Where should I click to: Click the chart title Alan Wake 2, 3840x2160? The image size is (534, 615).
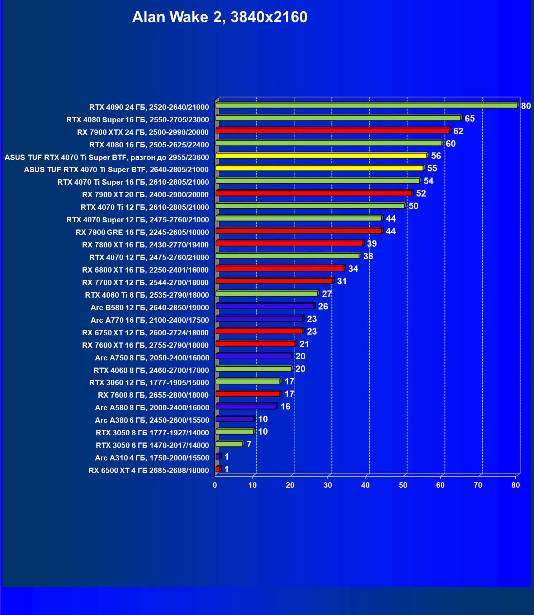click(219, 17)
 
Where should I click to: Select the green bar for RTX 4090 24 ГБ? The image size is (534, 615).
click(366, 105)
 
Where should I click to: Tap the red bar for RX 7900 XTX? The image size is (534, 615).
click(332, 131)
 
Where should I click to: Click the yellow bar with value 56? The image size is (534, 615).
click(321, 156)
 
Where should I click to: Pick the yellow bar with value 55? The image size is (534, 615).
click(319, 168)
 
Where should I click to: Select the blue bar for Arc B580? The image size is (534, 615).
click(265, 306)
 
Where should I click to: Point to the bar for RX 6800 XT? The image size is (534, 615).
click(280, 269)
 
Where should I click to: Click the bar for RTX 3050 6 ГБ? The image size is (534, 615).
click(229, 444)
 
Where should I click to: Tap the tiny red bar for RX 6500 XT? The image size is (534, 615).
click(218, 469)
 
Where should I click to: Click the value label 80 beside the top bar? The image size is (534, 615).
click(526, 106)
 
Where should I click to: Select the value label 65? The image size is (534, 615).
click(469, 119)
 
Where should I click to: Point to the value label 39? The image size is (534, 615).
click(372, 244)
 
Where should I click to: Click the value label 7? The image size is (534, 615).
click(249, 444)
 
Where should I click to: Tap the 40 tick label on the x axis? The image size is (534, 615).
click(365, 485)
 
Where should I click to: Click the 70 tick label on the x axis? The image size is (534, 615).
click(478, 485)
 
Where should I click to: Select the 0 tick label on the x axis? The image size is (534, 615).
click(215, 485)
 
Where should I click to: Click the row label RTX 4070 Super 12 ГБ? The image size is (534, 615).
click(137, 220)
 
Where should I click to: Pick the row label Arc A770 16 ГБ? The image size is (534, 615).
click(150, 320)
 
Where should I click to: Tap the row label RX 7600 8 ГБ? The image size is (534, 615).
click(153, 395)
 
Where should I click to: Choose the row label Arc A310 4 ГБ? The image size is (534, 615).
click(152, 458)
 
